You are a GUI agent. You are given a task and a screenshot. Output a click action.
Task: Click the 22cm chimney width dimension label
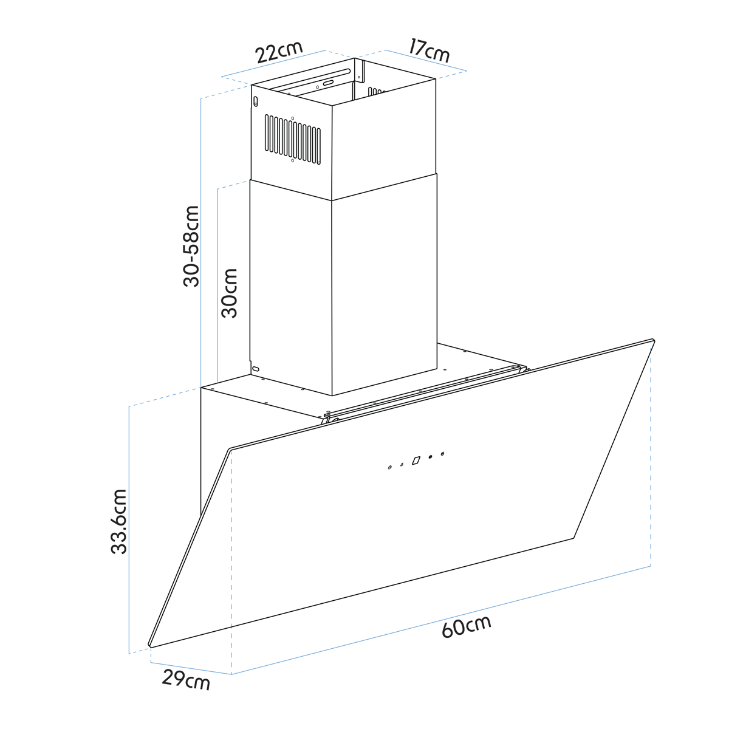(279, 52)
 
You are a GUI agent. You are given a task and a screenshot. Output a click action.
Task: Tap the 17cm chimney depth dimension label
(430, 50)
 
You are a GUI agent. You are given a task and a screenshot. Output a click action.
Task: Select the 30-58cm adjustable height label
(191, 246)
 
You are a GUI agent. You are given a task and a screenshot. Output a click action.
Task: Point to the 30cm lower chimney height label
(229, 293)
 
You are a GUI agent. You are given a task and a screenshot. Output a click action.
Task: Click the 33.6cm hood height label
(119, 522)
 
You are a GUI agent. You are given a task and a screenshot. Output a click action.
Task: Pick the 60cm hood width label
(466, 626)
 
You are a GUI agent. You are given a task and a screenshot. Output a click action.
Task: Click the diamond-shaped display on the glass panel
(416, 460)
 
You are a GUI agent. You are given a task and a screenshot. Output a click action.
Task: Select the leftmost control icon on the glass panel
(390, 468)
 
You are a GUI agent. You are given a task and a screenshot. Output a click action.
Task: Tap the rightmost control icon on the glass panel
(442, 454)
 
